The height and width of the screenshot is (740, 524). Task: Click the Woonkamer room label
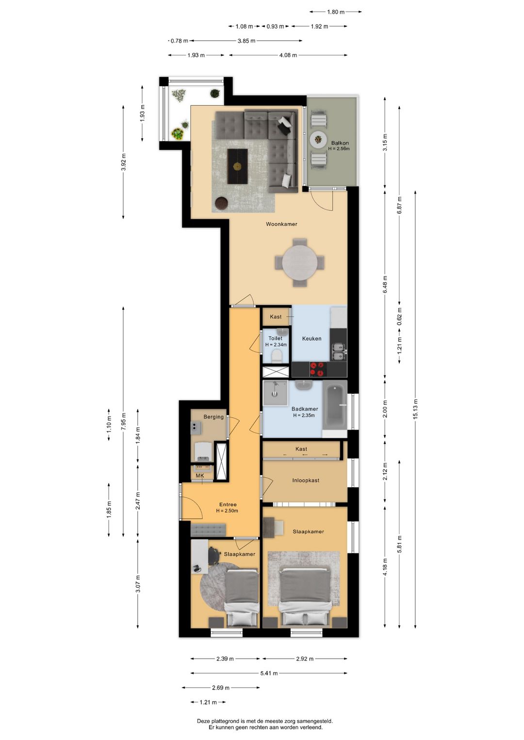(x=281, y=224)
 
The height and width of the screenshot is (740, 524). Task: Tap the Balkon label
(x=340, y=143)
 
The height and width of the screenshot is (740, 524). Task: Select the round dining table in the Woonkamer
(x=299, y=263)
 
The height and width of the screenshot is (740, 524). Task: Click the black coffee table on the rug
(x=237, y=166)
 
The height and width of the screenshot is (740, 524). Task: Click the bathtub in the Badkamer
(x=335, y=405)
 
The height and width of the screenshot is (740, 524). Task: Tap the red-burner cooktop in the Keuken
(x=317, y=370)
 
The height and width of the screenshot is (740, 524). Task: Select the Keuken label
(x=311, y=338)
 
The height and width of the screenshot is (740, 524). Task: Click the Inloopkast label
(x=306, y=481)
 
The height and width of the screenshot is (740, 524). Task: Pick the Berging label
(x=213, y=417)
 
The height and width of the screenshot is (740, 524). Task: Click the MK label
(x=200, y=475)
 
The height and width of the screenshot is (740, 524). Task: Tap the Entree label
(x=228, y=504)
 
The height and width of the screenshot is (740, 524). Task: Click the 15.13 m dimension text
(x=415, y=409)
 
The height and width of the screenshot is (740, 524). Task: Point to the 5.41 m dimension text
(x=269, y=673)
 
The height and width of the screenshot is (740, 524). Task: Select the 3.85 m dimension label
(x=246, y=41)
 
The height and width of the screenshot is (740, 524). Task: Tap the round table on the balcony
(x=318, y=140)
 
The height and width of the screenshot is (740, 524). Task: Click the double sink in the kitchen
(x=339, y=352)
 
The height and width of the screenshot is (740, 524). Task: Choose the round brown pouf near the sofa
(x=221, y=203)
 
